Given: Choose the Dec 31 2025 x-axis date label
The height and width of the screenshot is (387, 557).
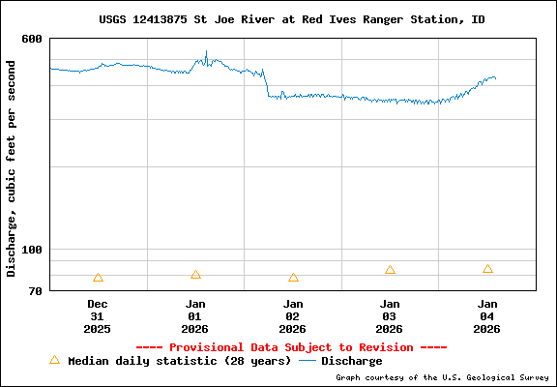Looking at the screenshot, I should pyautogui.click(x=97, y=316).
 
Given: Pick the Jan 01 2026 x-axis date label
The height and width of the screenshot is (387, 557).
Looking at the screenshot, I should pyautogui.click(x=194, y=316).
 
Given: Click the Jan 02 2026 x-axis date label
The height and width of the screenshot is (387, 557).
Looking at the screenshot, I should pyautogui.click(x=292, y=316).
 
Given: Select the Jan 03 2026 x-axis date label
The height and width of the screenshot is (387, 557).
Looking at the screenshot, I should pyautogui.click(x=390, y=316).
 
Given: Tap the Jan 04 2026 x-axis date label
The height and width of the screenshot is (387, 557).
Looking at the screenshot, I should pyautogui.click(x=487, y=316).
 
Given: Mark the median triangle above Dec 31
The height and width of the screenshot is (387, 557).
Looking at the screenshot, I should pyautogui.click(x=98, y=278).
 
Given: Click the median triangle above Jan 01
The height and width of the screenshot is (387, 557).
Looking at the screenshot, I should pyautogui.click(x=195, y=275).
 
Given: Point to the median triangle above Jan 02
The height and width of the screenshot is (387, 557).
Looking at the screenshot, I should pyautogui.click(x=293, y=278).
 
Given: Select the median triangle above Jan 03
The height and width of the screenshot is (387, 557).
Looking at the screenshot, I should pyautogui.click(x=390, y=270).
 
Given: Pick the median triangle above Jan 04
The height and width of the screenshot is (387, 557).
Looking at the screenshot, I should pyautogui.click(x=487, y=269).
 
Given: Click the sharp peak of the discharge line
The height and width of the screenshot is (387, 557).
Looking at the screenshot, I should pyautogui.click(x=206, y=52).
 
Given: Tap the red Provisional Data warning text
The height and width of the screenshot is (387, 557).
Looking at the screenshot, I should pyautogui.click(x=291, y=347).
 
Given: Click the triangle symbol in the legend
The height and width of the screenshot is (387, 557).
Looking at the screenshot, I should pyautogui.click(x=54, y=360).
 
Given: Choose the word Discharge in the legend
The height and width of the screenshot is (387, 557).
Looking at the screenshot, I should pyautogui.click(x=351, y=361).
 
